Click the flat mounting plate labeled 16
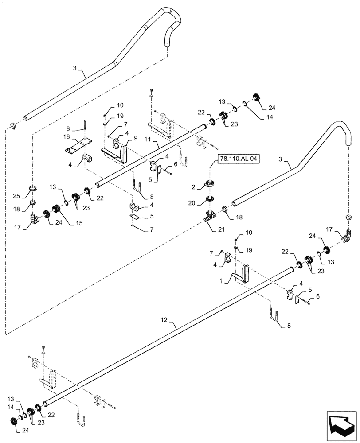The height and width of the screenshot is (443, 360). point(78,144)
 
